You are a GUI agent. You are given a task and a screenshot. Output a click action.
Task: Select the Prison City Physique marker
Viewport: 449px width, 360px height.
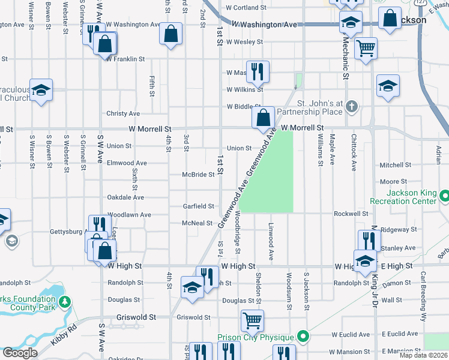304,337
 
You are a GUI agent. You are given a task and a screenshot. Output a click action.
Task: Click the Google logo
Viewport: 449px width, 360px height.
19,353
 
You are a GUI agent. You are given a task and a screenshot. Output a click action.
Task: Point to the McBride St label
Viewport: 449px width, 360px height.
198,175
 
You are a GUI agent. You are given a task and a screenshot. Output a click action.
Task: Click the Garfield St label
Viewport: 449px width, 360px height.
198,206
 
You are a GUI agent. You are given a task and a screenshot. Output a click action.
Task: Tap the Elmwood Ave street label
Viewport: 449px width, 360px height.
126,163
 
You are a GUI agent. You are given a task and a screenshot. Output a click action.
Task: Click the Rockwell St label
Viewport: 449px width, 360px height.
351,214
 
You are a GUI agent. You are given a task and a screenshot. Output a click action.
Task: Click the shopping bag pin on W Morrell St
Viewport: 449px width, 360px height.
263,117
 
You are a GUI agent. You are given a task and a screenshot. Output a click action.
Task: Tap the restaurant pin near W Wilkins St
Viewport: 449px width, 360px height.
258,71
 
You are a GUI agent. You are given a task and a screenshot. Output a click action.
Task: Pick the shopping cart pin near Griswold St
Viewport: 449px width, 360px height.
252,320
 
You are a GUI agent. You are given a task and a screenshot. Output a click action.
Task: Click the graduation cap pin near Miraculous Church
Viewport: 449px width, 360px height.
41,90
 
